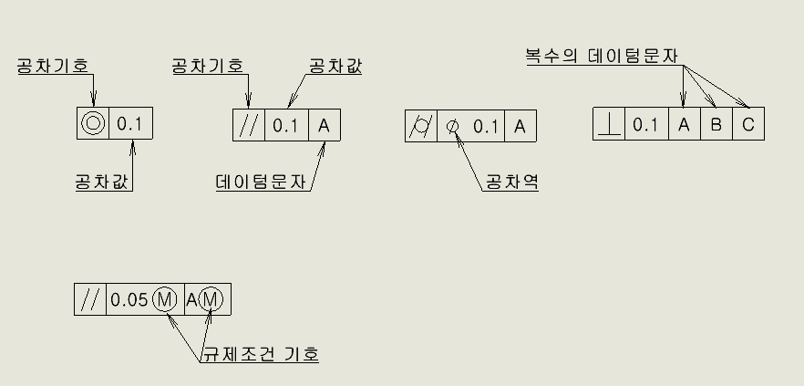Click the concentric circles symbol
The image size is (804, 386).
[93, 123]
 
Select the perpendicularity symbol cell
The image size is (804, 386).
[608, 125]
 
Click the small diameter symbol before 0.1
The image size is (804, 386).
[453, 127]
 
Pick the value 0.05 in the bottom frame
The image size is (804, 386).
[129, 299]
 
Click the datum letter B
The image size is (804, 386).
[716, 125]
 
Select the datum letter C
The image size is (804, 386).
[747, 125]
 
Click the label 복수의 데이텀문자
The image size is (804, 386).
[602, 56]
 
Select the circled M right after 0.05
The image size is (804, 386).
[164, 299]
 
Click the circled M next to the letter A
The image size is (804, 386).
[210, 299]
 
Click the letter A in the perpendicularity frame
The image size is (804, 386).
[684, 125]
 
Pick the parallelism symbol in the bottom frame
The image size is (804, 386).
[89, 299]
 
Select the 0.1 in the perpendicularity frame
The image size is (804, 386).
[645, 125]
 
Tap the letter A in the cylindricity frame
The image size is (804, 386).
[520, 126]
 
